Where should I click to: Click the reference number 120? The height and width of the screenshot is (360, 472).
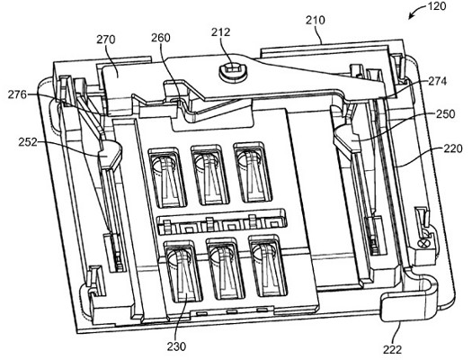[x=437, y=6]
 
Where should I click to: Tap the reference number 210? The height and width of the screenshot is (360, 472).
[x=316, y=20]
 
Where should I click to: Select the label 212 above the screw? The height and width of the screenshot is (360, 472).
[x=220, y=31]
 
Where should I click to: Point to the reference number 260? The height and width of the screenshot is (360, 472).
[x=160, y=38]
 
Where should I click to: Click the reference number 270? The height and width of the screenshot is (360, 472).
[x=106, y=40]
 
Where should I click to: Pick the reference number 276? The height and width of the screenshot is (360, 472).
[x=17, y=94]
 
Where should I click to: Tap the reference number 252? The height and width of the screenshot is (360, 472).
[x=28, y=142]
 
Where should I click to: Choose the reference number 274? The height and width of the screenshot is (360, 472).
[x=437, y=81]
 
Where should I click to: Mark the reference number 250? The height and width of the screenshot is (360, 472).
[x=446, y=114]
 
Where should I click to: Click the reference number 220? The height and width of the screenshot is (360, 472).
[x=452, y=148]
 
